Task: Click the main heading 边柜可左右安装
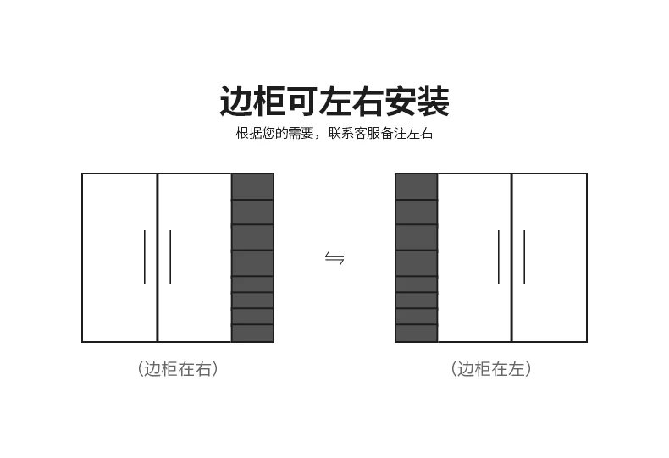(334, 102)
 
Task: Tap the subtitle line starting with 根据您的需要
(334, 134)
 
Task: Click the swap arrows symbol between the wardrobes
(334, 258)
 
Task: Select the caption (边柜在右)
(178, 368)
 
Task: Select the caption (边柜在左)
(491, 368)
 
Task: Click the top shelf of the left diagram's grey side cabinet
(252, 187)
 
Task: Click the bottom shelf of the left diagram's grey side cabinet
(252, 333)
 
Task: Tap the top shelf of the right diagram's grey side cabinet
(416, 187)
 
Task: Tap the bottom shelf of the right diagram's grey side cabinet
(416, 333)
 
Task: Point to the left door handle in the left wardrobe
(145, 257)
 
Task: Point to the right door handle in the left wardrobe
(170, 257)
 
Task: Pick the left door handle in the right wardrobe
(499, 257)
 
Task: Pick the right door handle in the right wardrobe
(524, 257)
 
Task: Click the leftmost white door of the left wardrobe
(119, 257)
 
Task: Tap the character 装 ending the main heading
(433, 102)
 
